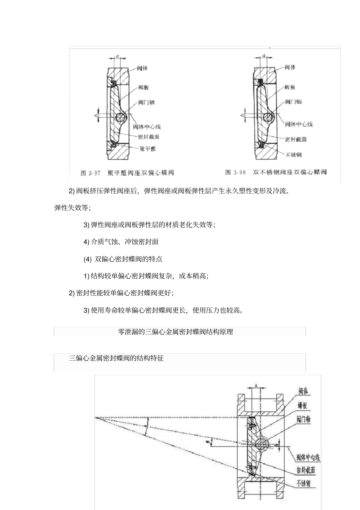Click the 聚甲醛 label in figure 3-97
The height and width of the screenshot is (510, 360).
click(x=148, y=149)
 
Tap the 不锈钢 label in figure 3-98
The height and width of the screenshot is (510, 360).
click(x=294, y=155)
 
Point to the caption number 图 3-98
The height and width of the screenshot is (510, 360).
click(x=235, y=172)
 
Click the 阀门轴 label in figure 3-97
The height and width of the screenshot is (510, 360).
click(x=147, y=103)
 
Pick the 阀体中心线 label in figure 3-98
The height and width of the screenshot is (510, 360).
click(x=299, y=124)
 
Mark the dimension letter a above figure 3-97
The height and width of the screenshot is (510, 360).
click(x=117, y=56)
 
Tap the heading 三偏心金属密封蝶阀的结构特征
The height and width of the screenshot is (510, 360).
click(x=116, y=358)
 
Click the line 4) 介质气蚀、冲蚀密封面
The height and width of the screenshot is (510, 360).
click(x=121, y=242)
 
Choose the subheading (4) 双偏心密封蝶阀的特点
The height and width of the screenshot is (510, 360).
click(x=123, y=259)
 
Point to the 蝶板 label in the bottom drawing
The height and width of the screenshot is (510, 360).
click(x=302, y=406)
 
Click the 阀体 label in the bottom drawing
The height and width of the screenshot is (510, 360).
click(x=303, y=391)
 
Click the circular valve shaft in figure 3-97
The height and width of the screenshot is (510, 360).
click(x=122, y=118)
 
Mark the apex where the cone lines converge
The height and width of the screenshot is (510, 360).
click(x=96, y=418)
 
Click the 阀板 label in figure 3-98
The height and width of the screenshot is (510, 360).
click(x=290, y=87)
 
